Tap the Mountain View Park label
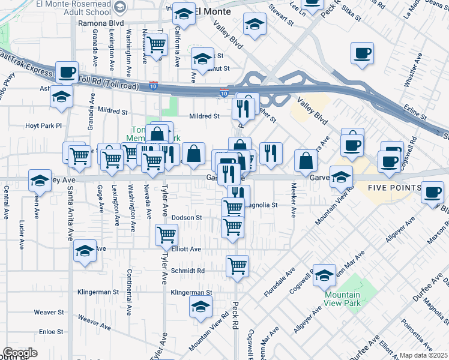pyautogui.click(x=342, y=299)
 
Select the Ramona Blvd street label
pyautogui.click(x=101, y=23)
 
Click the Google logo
pyautogui.click(x=20, y=353)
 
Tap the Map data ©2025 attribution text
pyautogui.click(x=423, y=355)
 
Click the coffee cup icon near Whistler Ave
pyautogui.click(x=363, y=53)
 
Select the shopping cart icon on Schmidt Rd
pyautogui.click(x=238, y=265)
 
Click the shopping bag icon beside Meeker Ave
pyautogui.click(x=306, y=161)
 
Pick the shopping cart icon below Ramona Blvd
pyautogui.click(x=157, y=44)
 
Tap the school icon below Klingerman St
pyautogui.click(x=200, y=308)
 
